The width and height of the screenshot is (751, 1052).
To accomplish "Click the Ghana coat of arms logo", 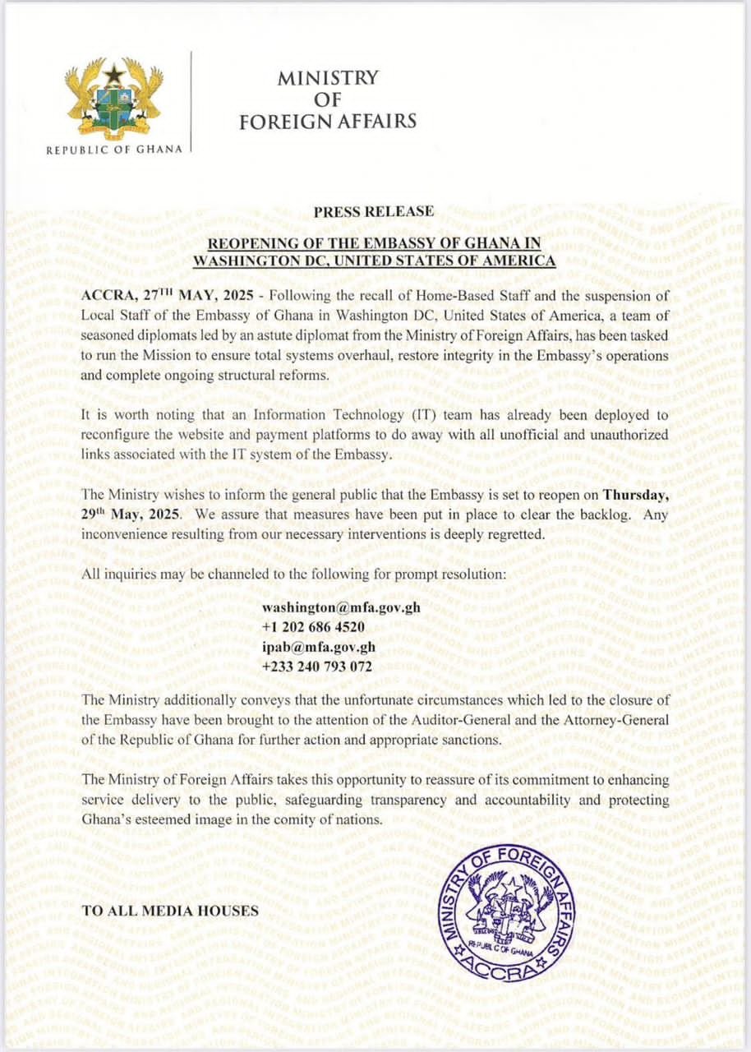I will click(x=113, y=97).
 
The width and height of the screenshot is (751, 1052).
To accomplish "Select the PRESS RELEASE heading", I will click(x=373, y=211).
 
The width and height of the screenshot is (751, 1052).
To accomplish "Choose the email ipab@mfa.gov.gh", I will click(x=318, y=647).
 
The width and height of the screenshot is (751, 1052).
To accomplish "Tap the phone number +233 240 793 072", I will click(x=316, y=667).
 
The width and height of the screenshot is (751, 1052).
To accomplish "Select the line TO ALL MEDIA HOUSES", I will click(x=172, y=910).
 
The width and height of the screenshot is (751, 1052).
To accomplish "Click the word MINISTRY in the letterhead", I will click(x=328, y=78).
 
